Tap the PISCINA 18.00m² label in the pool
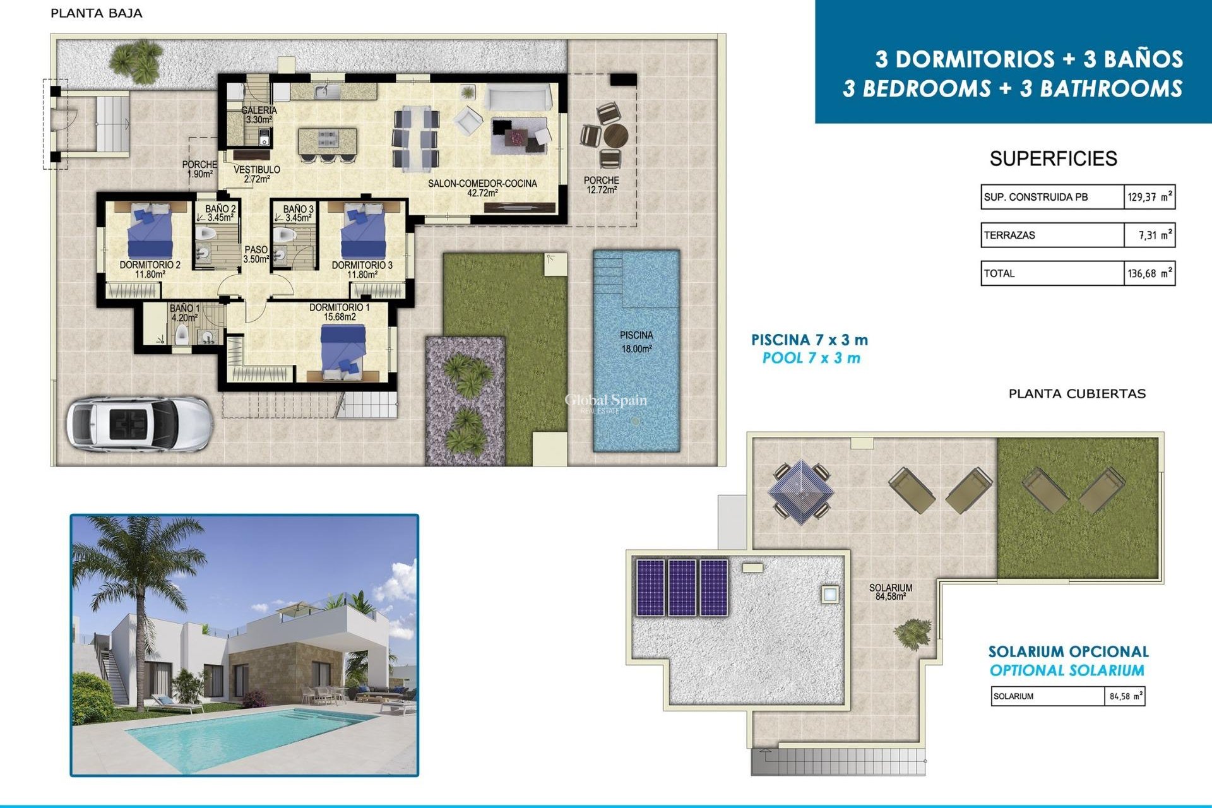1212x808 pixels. [x=636, y=342]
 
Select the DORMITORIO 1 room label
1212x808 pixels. [x=340, y=312]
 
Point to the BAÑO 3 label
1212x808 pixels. [x=298, y=213]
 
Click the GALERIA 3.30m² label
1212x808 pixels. [x=259, y=115]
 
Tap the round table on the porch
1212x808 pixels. [x=615, y=135]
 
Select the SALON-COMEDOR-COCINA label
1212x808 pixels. [x=482, y=188]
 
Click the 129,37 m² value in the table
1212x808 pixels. [x=1150, y=197]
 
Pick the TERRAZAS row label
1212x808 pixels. [x=1009, y=235]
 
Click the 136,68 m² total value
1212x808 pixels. [x=1150, y=274]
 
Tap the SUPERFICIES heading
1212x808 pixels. [x=1053, y=158]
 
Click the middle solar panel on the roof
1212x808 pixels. [x=682, y=588]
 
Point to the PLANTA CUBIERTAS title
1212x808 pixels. [x=1077, y=394]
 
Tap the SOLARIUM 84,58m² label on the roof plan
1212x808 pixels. [x=890, y=591]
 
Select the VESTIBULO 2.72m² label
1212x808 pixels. [x=256, y=174]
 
